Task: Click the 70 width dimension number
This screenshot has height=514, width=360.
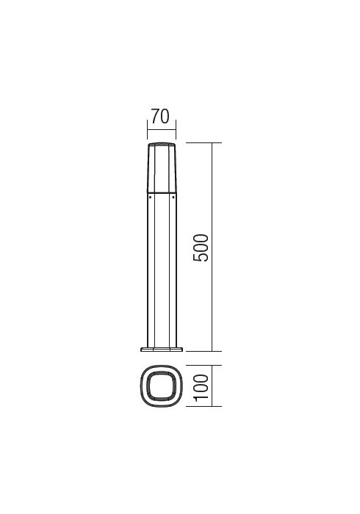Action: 160,115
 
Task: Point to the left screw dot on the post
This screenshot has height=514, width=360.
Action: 150,198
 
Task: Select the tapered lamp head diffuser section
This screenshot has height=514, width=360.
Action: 162,167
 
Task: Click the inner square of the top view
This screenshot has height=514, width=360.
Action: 162,385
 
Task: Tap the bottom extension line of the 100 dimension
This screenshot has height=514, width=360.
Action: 203,405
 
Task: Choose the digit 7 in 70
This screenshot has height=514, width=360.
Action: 155,115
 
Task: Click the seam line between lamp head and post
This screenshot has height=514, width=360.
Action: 162,192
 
